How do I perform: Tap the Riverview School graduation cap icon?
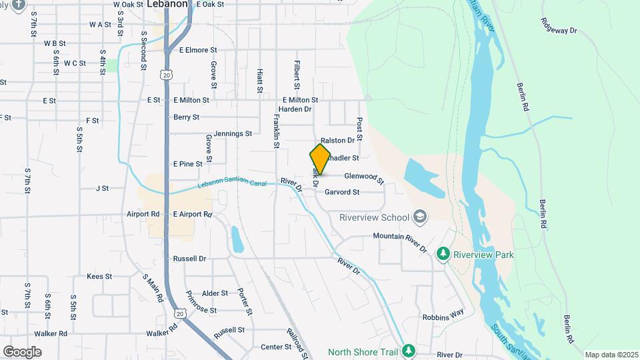click(420, 216)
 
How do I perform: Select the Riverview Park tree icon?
click(443, 254)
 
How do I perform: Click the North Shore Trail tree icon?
click(409, 351)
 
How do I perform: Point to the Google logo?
click(22, 351)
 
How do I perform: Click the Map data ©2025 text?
click(611, 355)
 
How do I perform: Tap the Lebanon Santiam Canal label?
click(231, 183)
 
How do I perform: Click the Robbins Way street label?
click(443, 313)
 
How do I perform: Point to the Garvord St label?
click(342, 192)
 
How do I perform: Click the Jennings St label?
click(233, 133)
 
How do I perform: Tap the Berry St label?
click(186, 117)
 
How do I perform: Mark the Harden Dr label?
click(295, 109)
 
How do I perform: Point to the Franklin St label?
click(276, 131)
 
